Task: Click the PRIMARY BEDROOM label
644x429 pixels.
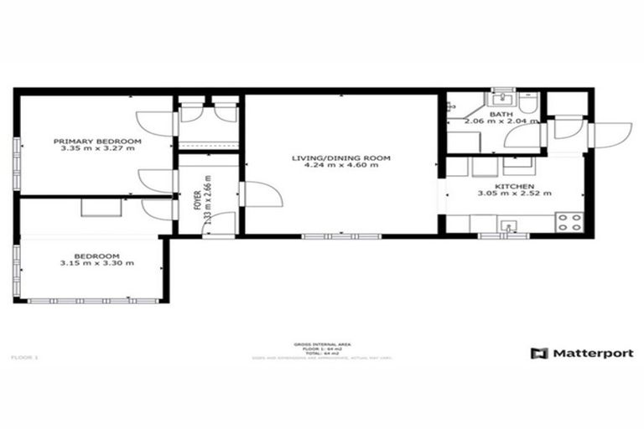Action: tap(97, 142)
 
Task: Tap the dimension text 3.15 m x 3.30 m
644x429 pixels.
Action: tap(96, 263)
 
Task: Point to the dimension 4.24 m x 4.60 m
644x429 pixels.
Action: tap(341, 166)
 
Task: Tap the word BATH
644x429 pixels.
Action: tap(501, 114)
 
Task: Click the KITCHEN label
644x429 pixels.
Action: tap(511, 185)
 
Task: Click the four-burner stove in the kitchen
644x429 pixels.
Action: tap(570, 223)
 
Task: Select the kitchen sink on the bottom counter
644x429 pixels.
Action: tap(508, 225)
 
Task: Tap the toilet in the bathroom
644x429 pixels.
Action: tap(527, 105)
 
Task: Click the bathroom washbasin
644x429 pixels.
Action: tap(503, 99)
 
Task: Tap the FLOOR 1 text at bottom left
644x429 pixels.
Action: tap(24, 358)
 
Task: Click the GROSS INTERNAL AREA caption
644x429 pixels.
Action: tap(321, 344)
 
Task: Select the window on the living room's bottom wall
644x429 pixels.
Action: tap(341, 236)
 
